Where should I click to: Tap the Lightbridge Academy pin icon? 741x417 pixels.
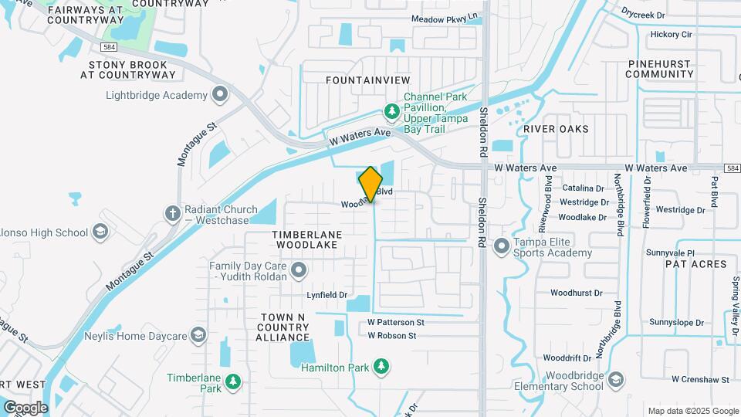pos(220,95)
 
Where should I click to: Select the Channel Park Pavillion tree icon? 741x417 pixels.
pos(392,113)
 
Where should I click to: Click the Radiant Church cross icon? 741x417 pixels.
pos(172,212)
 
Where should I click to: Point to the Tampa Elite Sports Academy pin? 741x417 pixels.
pos(502,246)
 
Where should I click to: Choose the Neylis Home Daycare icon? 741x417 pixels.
pos(198,335)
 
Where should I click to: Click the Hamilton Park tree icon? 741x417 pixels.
pos(380,366)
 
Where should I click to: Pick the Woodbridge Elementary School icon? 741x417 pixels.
pos(615,379)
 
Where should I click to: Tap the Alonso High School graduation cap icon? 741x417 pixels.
pos(100,232)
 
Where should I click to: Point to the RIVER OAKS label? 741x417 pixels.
pos(555,129)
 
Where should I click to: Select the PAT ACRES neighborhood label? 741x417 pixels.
pos(695,264)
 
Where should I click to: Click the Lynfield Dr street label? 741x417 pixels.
pos(327,295)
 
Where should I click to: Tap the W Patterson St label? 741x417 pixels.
pos(396,322)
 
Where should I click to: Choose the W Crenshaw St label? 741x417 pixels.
pos(700,379)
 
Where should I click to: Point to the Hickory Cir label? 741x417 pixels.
pos(671,35)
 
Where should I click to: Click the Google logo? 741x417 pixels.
pos(25,407)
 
